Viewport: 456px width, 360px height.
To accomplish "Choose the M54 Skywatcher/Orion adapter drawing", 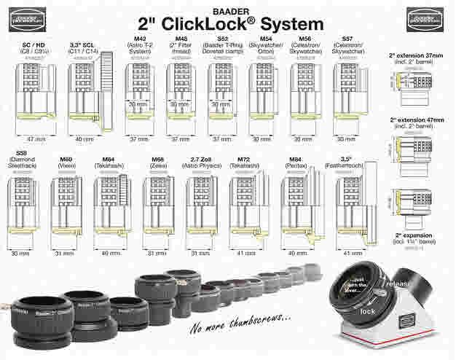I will click(263, 95).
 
